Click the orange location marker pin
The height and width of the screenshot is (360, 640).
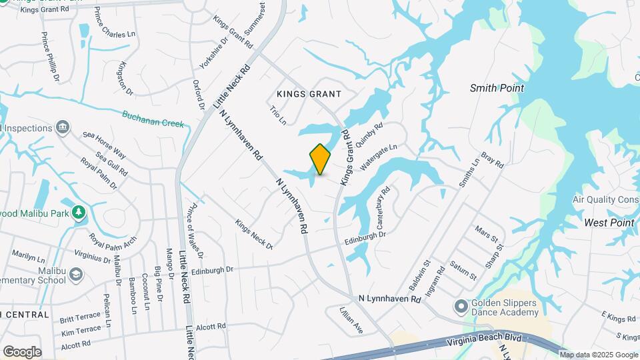click(x=320, y=159)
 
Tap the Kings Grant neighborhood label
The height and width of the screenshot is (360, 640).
click(x=309, y=94)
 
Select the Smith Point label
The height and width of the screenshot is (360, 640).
click(x=497, y=88)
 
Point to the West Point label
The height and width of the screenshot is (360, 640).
click(x=609, y=222)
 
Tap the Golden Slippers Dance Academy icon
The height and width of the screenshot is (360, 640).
click(x=461, y=307)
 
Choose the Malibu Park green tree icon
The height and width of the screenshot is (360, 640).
click(x=79, y=212)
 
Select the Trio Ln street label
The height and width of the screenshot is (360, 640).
click(x=277, y=115)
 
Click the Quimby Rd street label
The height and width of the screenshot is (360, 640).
click(x=371, y=134)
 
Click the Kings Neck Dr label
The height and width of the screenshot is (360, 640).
click(x=254, y=235)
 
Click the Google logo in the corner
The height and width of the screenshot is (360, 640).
click(x=22, y=351)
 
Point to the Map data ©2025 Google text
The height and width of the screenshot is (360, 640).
click(x=599, y=355)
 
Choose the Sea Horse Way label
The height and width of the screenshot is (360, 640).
click(x=105, y=143)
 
